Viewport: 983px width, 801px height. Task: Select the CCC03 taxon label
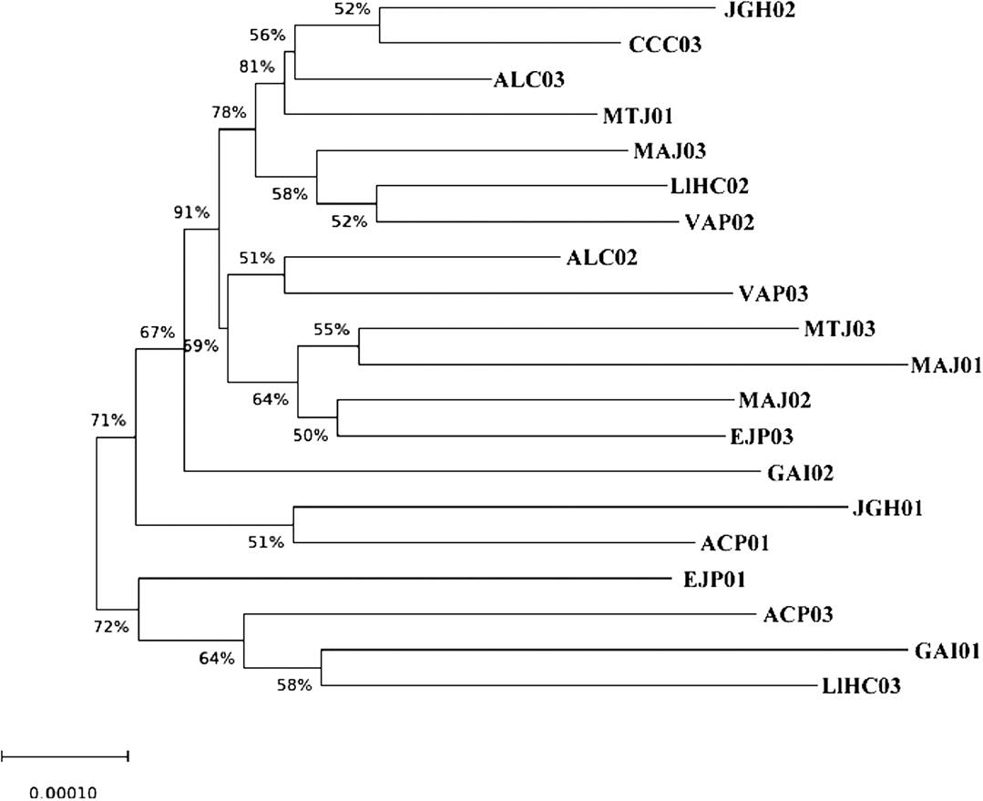[665, 44]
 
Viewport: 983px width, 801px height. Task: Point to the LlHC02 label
[708, 186]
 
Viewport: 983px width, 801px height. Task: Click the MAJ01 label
[946, 365]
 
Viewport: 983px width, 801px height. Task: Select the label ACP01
[736, 543]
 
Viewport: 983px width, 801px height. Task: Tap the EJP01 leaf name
[706, 579]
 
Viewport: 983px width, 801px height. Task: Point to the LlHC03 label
[861, 686]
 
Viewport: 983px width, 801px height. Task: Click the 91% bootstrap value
[191, 213]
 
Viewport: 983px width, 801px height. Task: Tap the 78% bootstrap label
[229, 113]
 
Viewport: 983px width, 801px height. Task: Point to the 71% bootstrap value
[107, 420]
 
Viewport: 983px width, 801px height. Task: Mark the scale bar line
[65, 755]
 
